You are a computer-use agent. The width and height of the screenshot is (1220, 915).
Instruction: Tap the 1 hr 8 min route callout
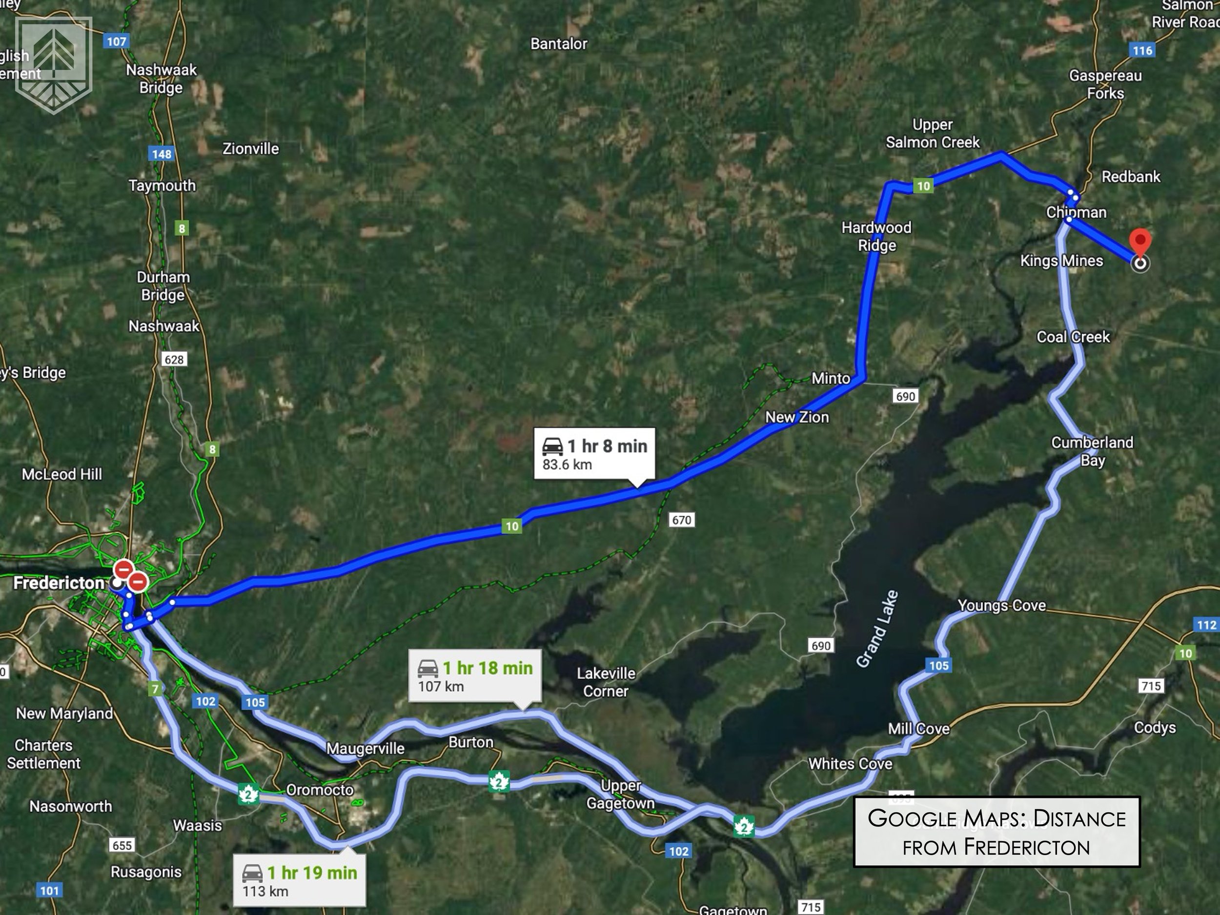(x=594, y=453)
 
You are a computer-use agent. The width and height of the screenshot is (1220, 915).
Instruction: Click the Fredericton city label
(x=59, y=583)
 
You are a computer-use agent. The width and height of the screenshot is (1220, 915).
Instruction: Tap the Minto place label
(x=831, y=378)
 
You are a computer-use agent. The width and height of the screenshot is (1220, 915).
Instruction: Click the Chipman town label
(x=1076, y=212)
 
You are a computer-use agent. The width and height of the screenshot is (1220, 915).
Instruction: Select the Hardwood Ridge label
(x=876, y=236)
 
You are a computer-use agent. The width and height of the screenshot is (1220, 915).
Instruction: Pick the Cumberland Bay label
(x=1092, y=451)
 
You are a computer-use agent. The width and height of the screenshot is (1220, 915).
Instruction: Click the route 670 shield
(x=681, y=520)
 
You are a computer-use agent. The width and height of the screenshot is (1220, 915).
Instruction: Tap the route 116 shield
(x=1142, y=51)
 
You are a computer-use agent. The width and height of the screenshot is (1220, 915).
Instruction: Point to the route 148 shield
(x=162, y=154)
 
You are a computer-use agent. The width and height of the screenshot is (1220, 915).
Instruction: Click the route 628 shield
(x=174, y=360)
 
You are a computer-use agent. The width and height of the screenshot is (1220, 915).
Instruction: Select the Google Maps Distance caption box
(x=996, y=832)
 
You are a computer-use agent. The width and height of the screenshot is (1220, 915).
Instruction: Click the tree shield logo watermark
(x=54, y=64)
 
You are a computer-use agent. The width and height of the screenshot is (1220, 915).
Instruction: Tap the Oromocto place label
(x=320, y=790)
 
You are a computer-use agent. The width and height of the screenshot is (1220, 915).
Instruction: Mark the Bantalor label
(x=559, y=44)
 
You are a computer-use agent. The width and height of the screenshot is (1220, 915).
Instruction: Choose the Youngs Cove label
(x=1001, y=606)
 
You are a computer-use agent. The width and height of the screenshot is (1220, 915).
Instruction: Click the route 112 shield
(x=1206, y=625)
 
